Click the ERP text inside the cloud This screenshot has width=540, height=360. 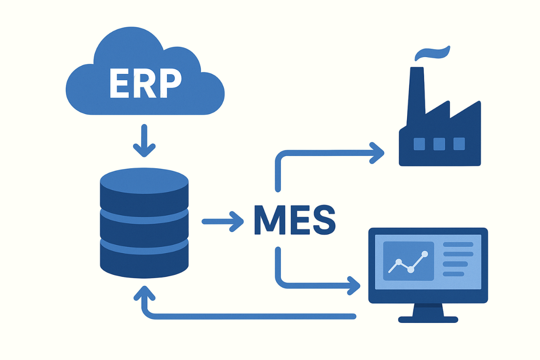(146, 83)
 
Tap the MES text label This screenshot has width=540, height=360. (294, 220)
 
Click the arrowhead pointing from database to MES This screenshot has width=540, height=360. (237, 221)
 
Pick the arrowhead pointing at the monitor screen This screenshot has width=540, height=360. (354, 285)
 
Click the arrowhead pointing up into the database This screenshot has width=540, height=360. (144, 294)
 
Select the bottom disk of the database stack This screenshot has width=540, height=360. (144, 258)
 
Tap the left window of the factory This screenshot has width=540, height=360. (419, 144)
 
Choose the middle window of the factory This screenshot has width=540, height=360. (439, 144)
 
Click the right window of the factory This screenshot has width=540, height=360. (459, 144)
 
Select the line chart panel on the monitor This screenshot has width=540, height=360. (408, 261)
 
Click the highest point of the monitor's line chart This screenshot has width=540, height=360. (425, 254)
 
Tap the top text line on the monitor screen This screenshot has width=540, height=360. (458, 244)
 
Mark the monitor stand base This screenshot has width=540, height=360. (428, 319)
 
